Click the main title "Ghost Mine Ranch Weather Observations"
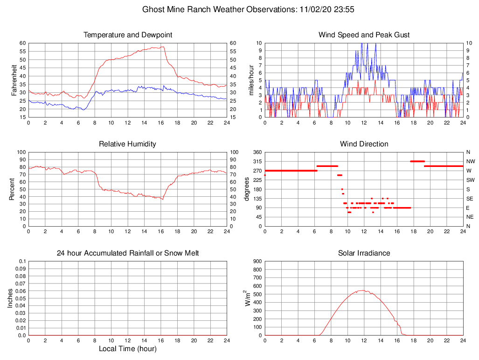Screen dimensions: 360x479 point(217,9)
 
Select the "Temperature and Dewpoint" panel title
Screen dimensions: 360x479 point(127,35)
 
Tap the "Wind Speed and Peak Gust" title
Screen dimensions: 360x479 point(364,35)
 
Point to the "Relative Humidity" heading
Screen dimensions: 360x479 point(127,144)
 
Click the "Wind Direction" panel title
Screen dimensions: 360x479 point(364,144)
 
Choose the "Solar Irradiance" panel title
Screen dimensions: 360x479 point(364,253)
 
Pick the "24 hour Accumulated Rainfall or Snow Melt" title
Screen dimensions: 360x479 point(127,253)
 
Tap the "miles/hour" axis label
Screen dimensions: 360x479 point(250,80)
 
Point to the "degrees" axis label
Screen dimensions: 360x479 point(247,189)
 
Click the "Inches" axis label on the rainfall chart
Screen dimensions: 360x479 point(10,298)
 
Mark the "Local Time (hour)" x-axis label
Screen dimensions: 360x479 point(127,349)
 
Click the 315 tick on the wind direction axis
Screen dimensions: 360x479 point(257,161)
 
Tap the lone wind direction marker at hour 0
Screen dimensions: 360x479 point(265,175)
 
